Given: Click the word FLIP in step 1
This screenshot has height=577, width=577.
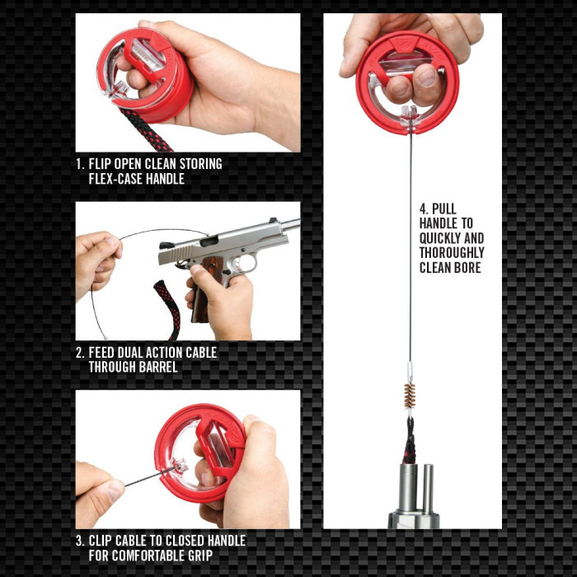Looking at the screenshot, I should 105,164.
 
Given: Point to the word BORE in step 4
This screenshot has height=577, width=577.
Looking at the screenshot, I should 466,268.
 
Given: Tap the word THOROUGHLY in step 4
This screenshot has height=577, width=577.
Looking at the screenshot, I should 452,253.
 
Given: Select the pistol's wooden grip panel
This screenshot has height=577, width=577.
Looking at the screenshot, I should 212,273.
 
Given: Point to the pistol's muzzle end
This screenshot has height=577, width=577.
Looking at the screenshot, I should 293,223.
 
